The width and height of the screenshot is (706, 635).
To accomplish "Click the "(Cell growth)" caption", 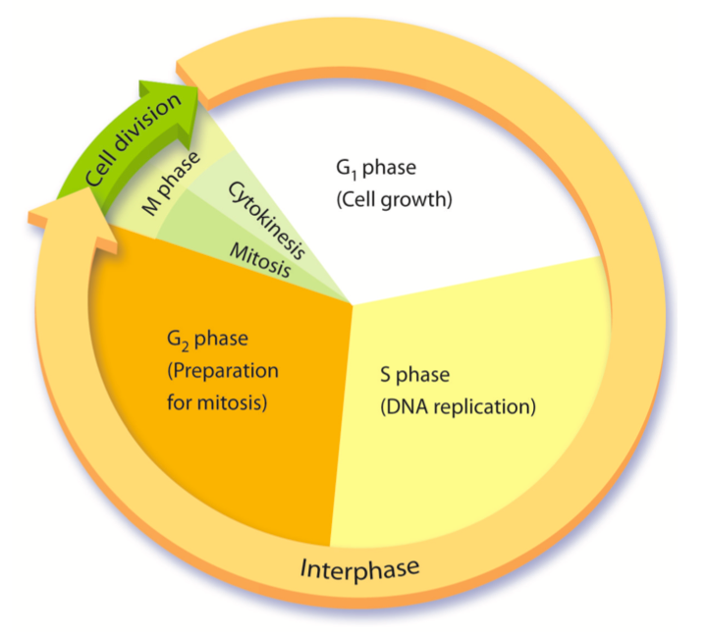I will click(x=392, y=202).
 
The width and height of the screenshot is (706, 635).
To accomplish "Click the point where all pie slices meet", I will click(x=353, y=302).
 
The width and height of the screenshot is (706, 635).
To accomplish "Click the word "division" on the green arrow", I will click(x=151, y=122).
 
